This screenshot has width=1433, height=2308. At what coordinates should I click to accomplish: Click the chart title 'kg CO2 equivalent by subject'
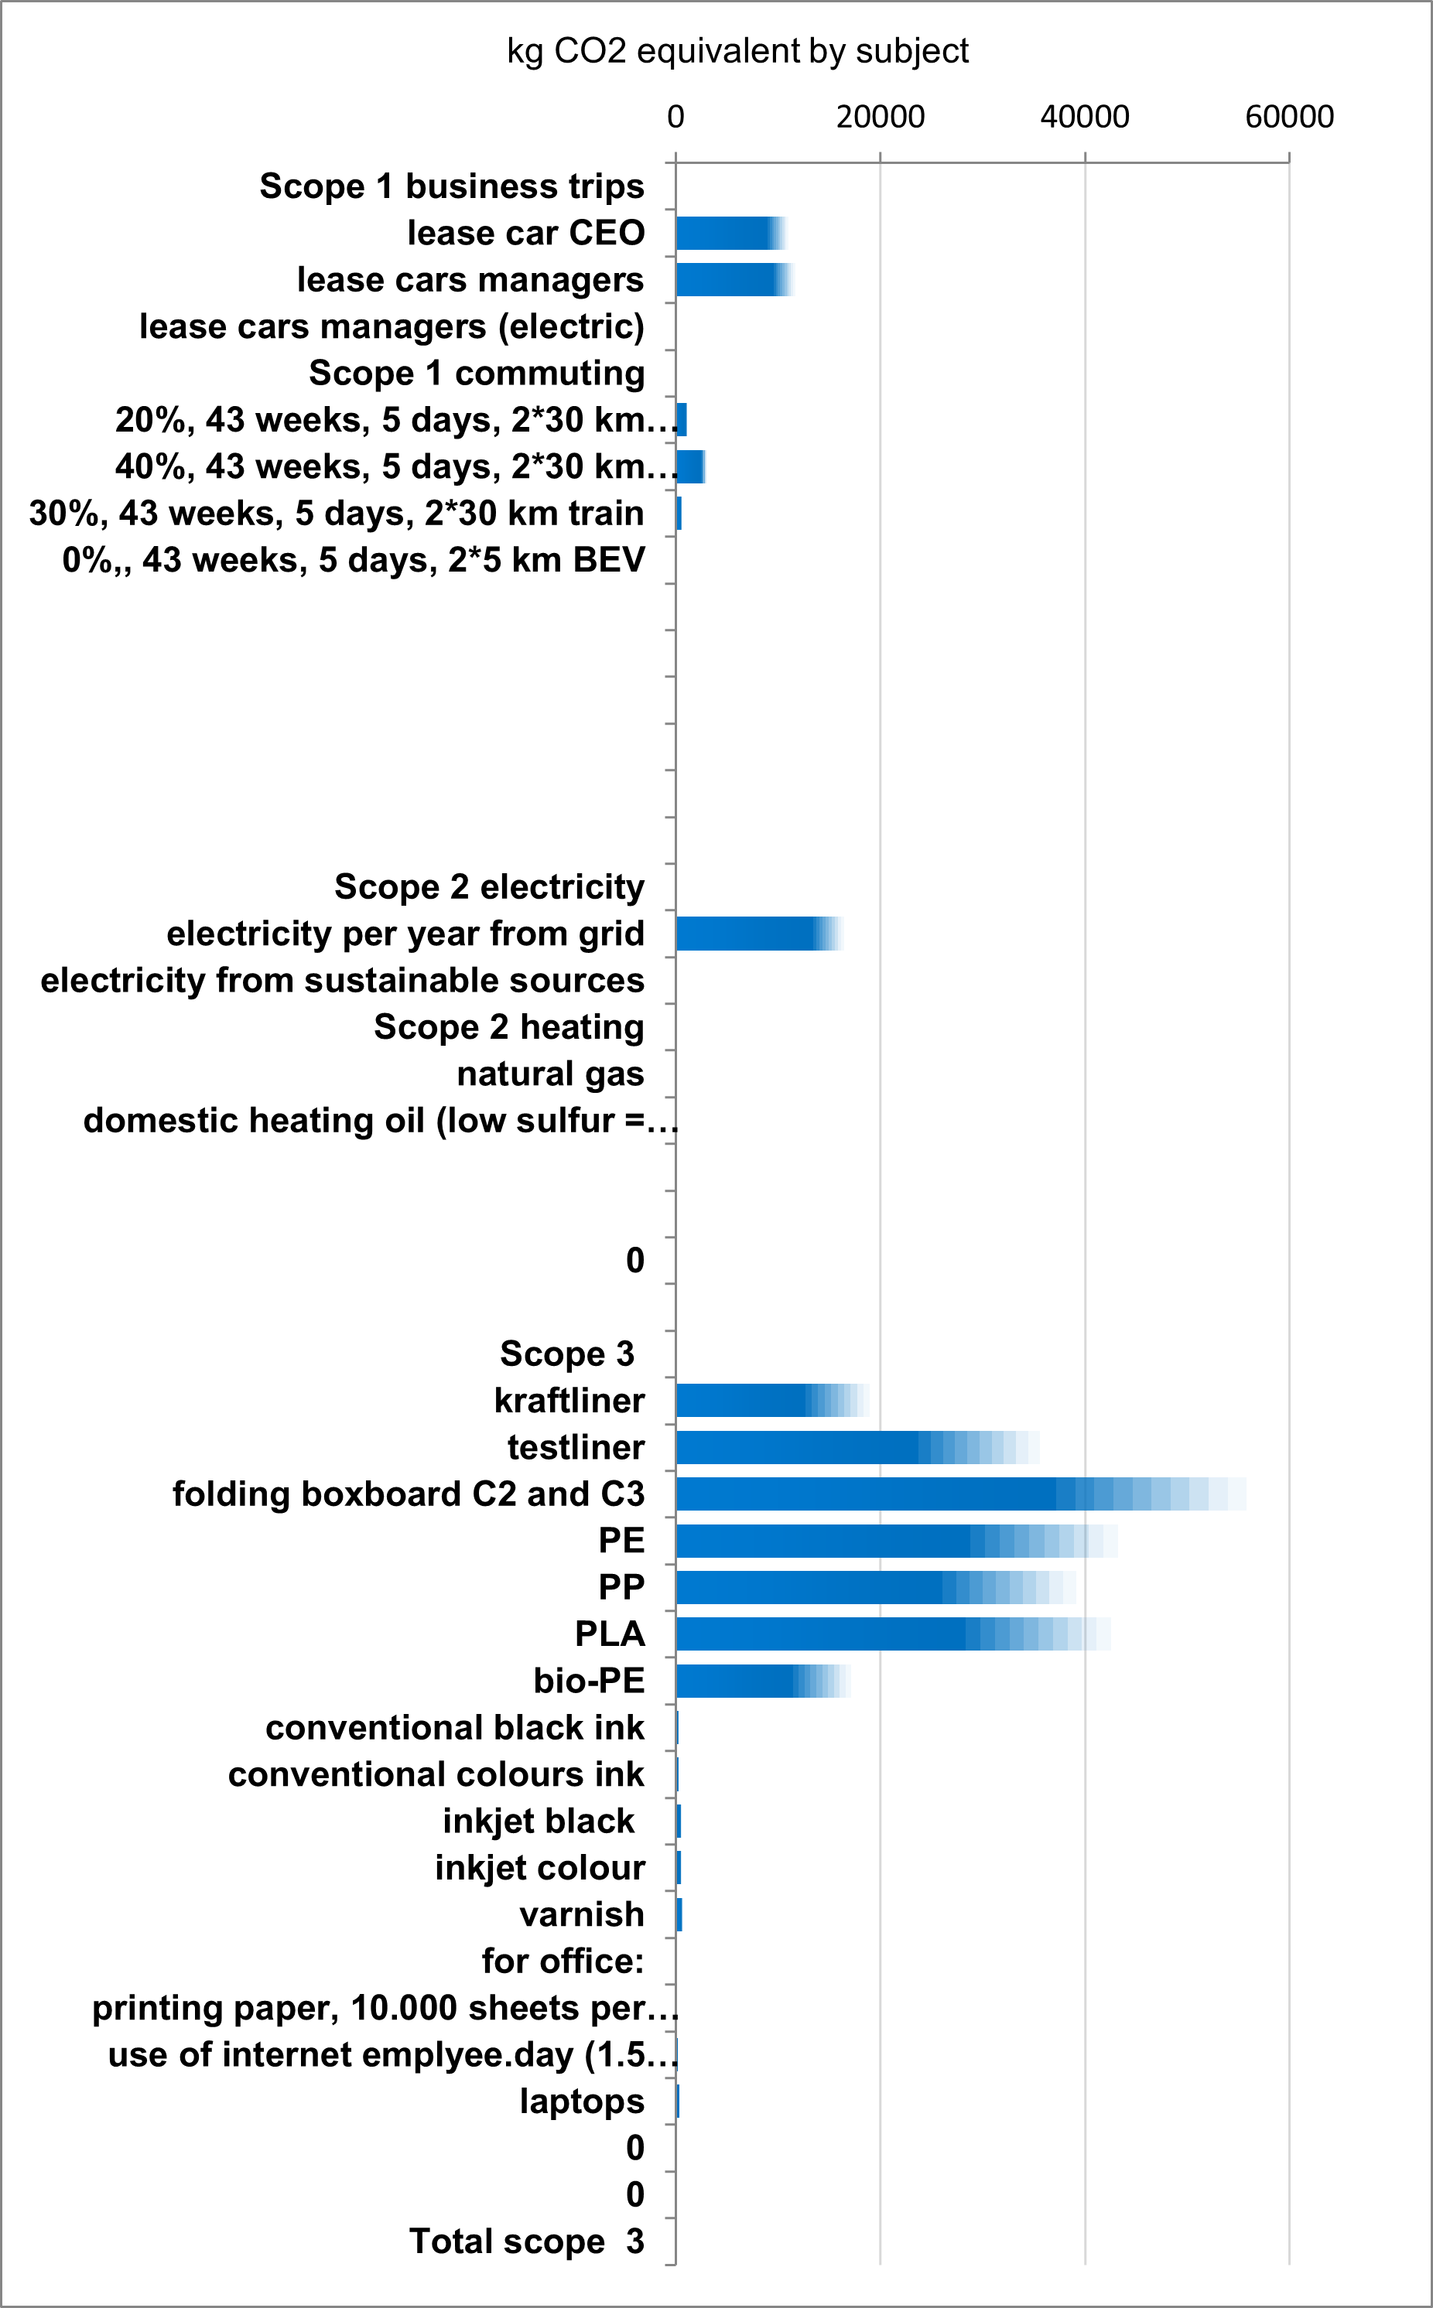737,51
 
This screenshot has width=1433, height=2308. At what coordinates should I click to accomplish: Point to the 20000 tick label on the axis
880,118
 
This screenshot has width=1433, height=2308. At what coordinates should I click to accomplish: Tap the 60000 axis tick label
1289,118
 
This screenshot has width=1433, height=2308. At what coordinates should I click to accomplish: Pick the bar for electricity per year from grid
754,934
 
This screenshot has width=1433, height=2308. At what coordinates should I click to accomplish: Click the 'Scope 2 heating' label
509,1027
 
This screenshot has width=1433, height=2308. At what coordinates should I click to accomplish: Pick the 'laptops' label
582,2101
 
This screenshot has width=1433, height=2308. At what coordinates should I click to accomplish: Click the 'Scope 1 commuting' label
477,374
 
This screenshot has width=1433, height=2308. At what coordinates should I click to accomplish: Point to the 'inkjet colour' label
539,1867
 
